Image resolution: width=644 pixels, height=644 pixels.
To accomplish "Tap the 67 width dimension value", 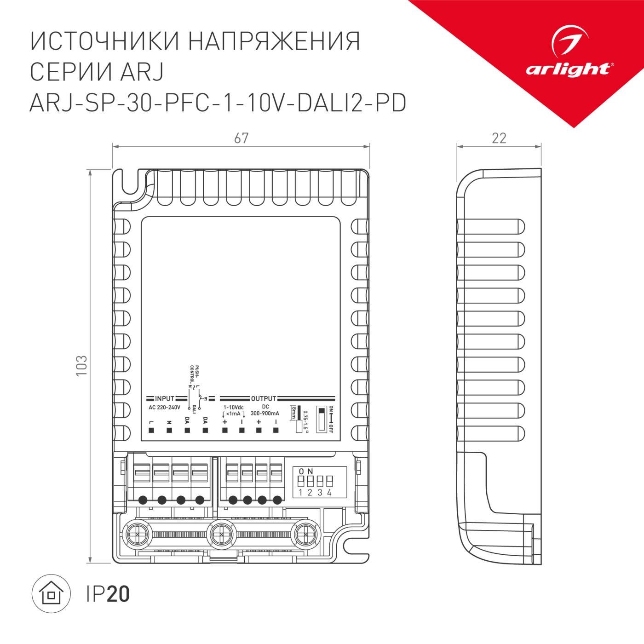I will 241,138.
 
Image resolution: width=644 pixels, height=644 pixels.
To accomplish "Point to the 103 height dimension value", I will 81,366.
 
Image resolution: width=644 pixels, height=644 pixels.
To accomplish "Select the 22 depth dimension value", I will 499,138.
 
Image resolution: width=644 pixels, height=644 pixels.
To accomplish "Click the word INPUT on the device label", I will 165,398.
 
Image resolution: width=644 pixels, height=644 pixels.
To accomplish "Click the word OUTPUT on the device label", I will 264,398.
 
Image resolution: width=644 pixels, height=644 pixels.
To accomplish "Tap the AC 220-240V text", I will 164,408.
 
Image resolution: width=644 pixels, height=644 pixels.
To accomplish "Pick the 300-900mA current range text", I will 265,413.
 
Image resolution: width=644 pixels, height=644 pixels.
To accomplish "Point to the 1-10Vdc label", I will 233,408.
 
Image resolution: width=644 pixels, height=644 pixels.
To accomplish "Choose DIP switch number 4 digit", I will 329,493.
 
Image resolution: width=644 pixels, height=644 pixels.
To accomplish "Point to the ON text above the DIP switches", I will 305,471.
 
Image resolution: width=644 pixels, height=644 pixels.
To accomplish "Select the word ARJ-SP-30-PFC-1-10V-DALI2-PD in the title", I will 218,103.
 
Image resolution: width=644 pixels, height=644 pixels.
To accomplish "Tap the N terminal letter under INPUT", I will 169,421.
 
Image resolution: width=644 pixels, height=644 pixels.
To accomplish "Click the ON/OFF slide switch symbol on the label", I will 322,419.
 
